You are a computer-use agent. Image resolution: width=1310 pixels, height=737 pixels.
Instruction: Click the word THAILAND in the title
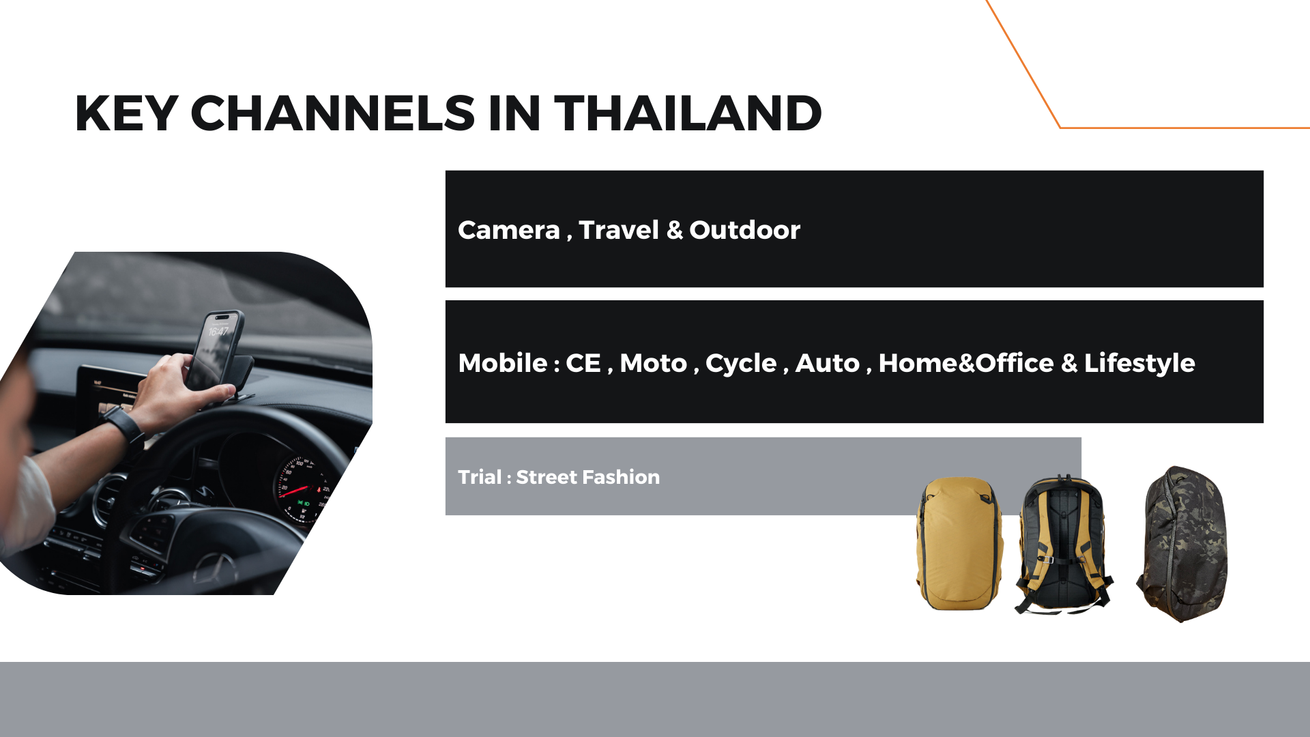pyautogui.click(x=688, y=113)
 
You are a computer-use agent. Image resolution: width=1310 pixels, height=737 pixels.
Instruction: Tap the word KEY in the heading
pyautogui.click(x=126, y=113)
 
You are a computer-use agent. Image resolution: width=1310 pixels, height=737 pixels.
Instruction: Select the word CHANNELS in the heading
pyautogui.click(x=332, y=113)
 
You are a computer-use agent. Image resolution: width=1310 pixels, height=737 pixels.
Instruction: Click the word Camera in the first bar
pyautogui.click(x=509, y=231)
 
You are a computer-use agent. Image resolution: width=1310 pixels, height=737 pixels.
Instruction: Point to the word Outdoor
pyautogui.click(x=744, y=231)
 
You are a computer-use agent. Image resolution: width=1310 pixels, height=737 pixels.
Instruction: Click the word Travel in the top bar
pyautogui.click(x=619, y=231)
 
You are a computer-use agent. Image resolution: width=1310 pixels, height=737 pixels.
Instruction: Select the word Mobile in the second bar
pyautogui.click(x=503, y=363)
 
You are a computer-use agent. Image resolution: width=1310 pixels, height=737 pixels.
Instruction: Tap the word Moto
pyautogui.click(x=653, y=363)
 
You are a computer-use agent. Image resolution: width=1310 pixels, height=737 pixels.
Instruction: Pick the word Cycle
pyautogui.click(x=741, y=364)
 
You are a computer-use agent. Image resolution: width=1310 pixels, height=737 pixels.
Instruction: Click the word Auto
pyautogui.click(x=828, y=363)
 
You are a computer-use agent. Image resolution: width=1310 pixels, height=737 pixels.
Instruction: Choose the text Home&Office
pyautogui.click(x=966, y=363)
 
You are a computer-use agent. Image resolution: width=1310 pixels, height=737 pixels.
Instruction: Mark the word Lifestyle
pyautogui.click(x=1139, y=364)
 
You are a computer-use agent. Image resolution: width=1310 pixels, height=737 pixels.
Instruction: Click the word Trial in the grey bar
pyautogui.click(x=480, y=477)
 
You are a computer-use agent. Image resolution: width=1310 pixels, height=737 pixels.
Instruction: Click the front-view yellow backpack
pyautogui.click(x=960, y=543)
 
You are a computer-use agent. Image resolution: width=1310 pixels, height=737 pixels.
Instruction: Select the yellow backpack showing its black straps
pyautogui.click(x=1063, y=544)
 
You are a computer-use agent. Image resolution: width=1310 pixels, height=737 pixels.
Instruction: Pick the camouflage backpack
pyautogui.click(x=1182, y=544)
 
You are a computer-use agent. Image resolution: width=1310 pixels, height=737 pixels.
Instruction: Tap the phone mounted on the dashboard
pyautogui.click(x=216, y=351)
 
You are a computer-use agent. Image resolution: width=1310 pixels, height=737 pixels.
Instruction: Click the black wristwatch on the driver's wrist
pyautogui.click(x=124, y=424)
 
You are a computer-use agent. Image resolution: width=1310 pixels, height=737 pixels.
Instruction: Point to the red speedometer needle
pyautogui.click(x=295, y=491)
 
